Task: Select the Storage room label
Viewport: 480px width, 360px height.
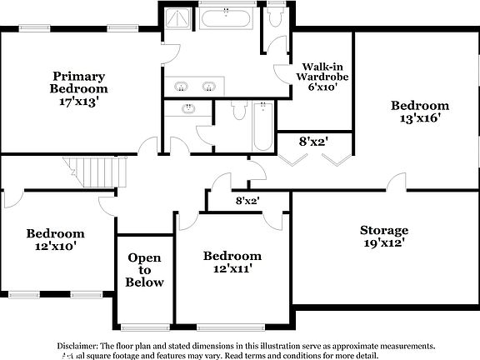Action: pyautogui.click(x=383, y=230)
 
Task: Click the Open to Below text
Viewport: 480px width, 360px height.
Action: pyautogui.click(x=144, y=270)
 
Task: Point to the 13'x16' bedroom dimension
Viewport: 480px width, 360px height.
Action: pyautogui.click(x=420, y=118)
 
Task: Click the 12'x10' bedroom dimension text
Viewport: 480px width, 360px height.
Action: pyautogui.click(x=55, y=247)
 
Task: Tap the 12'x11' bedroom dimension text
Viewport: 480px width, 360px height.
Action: pyautogui.click(x=232, y=269)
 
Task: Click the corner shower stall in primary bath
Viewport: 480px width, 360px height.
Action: pyautogui.click(x=177, y=17)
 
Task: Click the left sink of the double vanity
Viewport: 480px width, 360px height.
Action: pyautogui.click(x=182, y=86)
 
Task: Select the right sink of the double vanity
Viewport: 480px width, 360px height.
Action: pyautogui.click(x=210, y=86)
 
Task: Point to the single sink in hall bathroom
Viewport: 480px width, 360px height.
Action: pyautogui.click(x=188, y=107)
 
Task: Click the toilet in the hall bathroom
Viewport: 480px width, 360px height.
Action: pyautogui.click(x=237, y=110)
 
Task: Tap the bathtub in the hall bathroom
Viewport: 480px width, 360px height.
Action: pyautogui.click(x=263, y=126)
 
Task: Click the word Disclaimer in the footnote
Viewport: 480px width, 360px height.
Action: pyautogui.click(x=77, y=345)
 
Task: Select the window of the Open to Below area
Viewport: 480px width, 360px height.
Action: pyautogui.click(x=144, y=326)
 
